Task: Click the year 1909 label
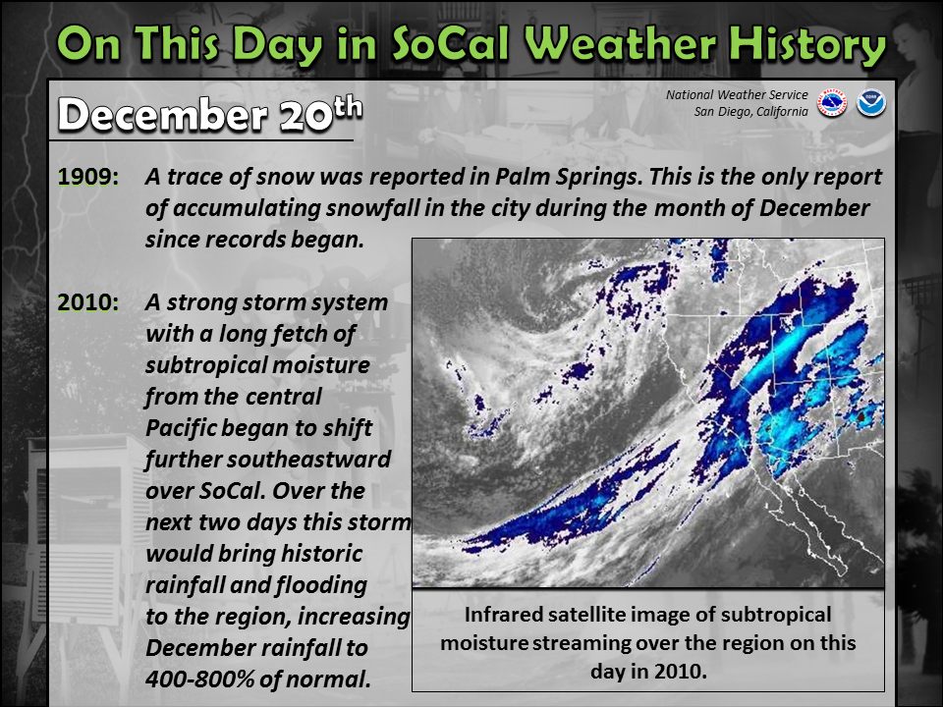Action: coord(88,177)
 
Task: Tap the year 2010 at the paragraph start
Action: coord(88,302)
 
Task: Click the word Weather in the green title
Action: coord(620,44)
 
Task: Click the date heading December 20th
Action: coord(210,113)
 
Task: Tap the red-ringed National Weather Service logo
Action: coord(832,103)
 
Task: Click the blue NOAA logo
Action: coord(871,103)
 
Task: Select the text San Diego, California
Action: coord(750,112)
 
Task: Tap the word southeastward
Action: coord(267,460)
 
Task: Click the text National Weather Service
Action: coord(737,95)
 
